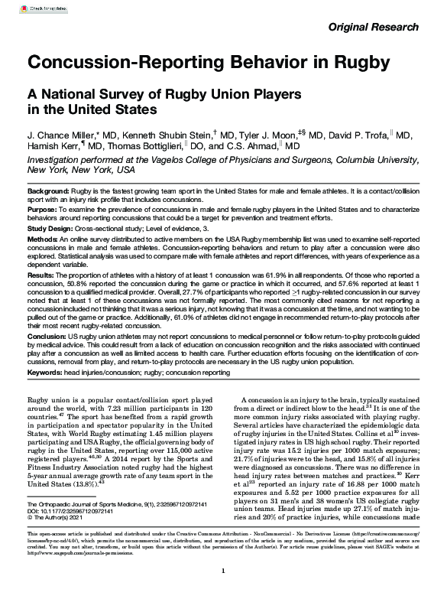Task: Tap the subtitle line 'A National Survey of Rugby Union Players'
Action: click(164, 95)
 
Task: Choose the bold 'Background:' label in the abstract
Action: click(49, 190)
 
